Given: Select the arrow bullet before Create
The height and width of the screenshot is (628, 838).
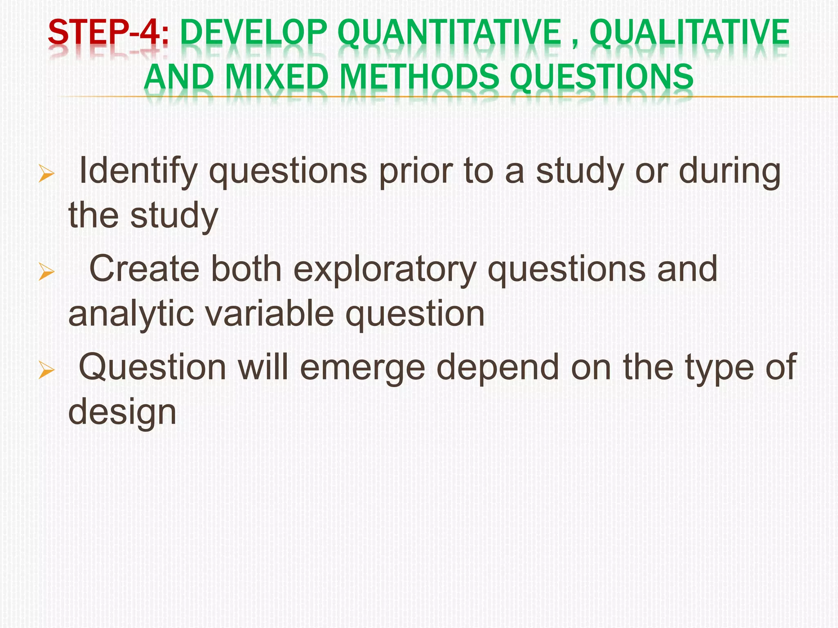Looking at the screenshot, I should coord(46,271).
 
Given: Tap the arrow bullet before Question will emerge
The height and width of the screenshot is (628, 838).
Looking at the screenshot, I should coord(46,370).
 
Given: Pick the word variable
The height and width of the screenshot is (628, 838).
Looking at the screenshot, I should coord(269,314).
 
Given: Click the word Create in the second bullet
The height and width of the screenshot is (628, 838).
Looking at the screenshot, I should coord(144,269).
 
